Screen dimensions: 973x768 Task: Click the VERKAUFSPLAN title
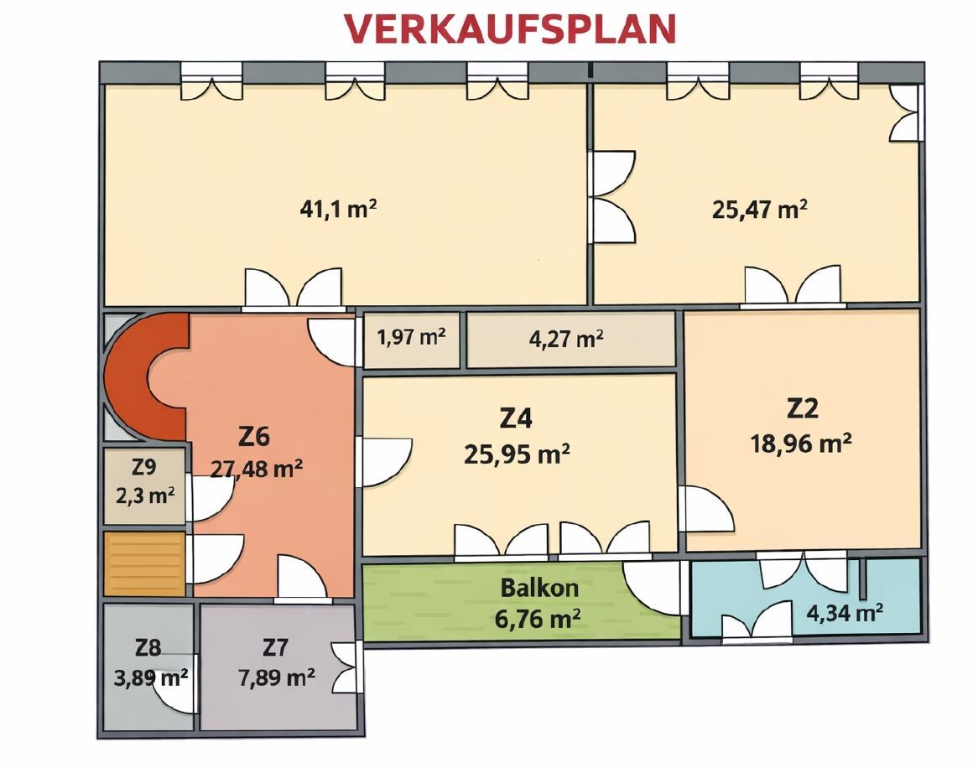coord(510,29)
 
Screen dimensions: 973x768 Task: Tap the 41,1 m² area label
coord(338,209)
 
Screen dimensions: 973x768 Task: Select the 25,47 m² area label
coord(760,210)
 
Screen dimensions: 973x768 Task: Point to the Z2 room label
coord(803,408)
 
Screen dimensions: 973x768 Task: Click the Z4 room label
coord(517,418)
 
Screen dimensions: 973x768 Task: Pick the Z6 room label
coord(254,437)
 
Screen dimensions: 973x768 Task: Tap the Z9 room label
coord(144,466)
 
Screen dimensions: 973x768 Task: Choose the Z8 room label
coord(148,648)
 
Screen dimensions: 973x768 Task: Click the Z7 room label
coord(275,647)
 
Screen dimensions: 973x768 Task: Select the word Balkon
coord(539,588)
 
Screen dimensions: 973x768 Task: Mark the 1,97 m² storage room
coord(411,340)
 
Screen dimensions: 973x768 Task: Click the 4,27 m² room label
coord(566,339)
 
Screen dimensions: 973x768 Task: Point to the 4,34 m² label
coord(845,614)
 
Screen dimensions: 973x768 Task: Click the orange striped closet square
coord(144,563)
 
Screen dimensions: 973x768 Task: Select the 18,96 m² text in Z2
coord(800,444)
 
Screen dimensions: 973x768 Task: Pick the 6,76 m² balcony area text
coord(538,619)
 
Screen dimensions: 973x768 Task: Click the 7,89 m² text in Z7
coord(276,677)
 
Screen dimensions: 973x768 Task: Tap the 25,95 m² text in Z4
coord(517,454)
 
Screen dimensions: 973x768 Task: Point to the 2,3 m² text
coord(145,496)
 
